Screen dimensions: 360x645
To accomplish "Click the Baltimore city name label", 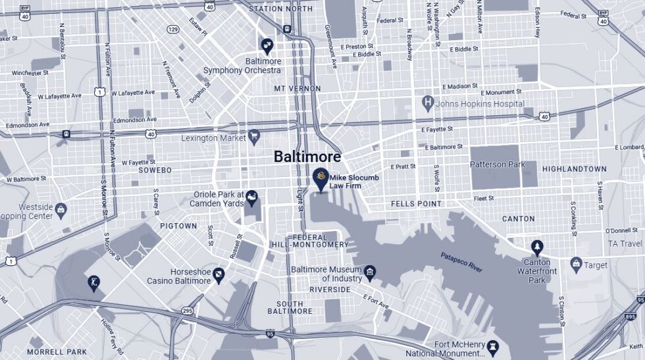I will click(307, 157).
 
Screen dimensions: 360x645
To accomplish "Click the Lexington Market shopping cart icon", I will click(254, 137).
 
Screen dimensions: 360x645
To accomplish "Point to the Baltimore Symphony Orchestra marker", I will click(267, 45).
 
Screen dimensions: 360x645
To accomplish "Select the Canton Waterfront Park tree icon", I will click(538, 248).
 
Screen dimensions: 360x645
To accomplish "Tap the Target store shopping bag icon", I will click(577, 265).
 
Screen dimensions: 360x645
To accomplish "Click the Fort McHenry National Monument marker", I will click(492, 347).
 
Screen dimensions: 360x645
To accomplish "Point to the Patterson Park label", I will click(498, 165).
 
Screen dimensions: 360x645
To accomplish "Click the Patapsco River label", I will click(461, 261).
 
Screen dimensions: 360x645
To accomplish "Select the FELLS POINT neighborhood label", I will click(416, 204).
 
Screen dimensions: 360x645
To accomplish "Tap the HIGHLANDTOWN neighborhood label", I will click(574, 169).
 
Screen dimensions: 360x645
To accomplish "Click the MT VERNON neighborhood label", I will click(297, 88).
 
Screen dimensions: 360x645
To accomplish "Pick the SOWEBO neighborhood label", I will click(155, 170).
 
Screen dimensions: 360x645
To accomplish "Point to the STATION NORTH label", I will click(281, 9).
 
